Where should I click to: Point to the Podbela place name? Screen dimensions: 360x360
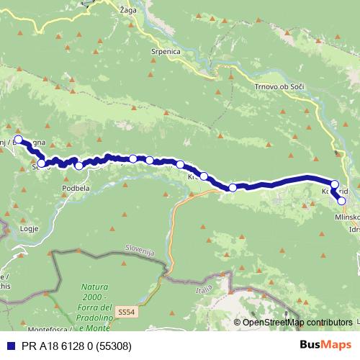click(76, 188)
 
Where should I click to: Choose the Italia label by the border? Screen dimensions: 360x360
click(204, 289)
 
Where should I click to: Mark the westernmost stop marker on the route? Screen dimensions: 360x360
click(19, 140)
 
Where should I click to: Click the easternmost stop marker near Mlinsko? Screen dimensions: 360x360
click(342, 201)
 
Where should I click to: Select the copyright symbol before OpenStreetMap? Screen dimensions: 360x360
click(238, 323)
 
